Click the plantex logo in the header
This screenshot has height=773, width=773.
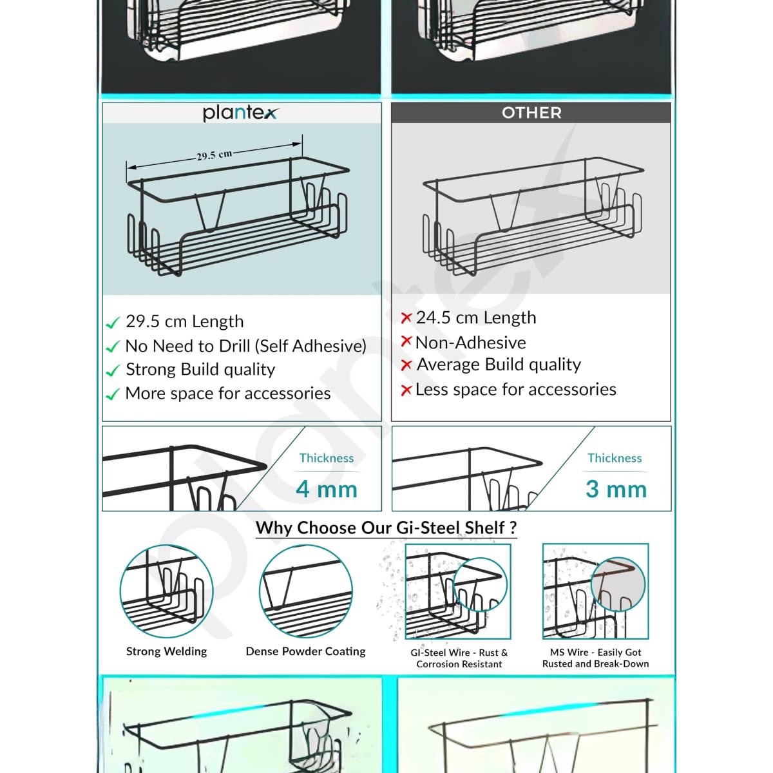[x=240, y=113]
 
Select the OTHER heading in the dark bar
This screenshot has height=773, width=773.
[x=531, y=113]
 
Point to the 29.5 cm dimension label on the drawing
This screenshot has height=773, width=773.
[x=214, y=155]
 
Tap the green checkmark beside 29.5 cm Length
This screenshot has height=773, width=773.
[x=113, y=322]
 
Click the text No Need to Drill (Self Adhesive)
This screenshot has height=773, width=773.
[x=245, y=346]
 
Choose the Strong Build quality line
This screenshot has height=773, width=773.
[x=200, y=369]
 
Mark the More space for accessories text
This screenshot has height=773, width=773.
[x=227, y=393]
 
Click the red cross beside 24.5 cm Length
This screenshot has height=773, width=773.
[x=406, y=318]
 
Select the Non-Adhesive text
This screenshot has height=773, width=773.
[x=470, y=342]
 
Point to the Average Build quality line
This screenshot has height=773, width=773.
[x=499, y=365]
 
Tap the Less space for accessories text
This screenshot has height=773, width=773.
[x=515, y=389]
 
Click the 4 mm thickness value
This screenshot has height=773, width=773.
[x=327, y=489]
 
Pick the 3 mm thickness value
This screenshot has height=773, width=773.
[x=616, y=489]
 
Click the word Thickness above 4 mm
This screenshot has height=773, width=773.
[x=327, y=458]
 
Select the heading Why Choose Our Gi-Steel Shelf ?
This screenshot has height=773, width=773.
[x=386, y=528]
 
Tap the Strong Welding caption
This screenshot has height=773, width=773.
[x=166, y=651]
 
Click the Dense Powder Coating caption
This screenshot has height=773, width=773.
[x=305, y=651]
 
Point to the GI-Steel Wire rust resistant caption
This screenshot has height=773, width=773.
[x=459, y=658]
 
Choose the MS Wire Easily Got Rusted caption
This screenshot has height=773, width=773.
[x=595, y=658]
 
